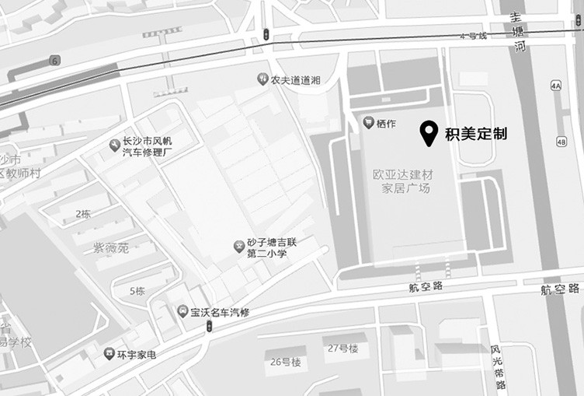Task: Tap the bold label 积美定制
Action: click(x=475, y=134)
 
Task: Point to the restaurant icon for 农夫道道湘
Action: click(x=262, y=79)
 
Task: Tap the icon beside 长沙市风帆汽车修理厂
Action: click(x=115, y=145)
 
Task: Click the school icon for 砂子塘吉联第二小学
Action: click(x=239, y=246)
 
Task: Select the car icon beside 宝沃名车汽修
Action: click(x=182, y=311)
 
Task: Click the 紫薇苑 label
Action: click(x=111, y=247)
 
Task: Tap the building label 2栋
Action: click(x=82, y=213)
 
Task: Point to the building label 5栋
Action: click(x=137, y=291)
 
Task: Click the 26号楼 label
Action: click(x=285, y=362)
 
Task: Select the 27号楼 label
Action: click(x=342, y=348)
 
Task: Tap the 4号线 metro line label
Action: click(x=472, y=36)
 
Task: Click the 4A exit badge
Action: click(x=555, y=86)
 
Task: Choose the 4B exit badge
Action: click(x=561, y=142)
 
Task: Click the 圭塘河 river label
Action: click(x=518, y=31)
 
